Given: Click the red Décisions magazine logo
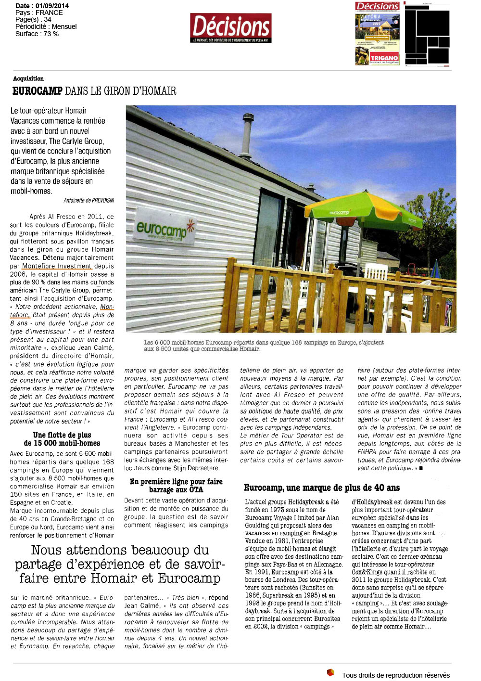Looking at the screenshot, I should pyautogui.click(x=231, y=27).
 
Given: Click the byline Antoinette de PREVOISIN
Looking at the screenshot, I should pyautogui.click(x=89, y=200).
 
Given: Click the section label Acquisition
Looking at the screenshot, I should pyautogui.click(x=28, y=78).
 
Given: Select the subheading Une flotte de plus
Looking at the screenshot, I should pyautogui.click(x=62, y=435).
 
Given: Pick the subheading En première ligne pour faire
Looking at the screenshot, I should pyautogui.click(x=176, y=481).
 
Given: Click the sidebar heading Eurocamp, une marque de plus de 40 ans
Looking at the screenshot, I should pyautogui.click(x=322, y=488).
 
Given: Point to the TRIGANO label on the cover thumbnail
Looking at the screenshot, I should pyautogui.click(x=384, y=58).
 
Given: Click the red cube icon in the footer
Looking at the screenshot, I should pyautogui.click(x=330, y=672).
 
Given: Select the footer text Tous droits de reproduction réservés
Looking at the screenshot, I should pyautogui.click(x=395, y=675).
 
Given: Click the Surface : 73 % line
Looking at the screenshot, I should pyautogui.click(x=37, y=34).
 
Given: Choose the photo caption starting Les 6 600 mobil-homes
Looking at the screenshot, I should pyautogui.click(x=264, y=346).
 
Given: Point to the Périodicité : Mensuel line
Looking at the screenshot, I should pyautogui.click(x=46, y=26).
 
